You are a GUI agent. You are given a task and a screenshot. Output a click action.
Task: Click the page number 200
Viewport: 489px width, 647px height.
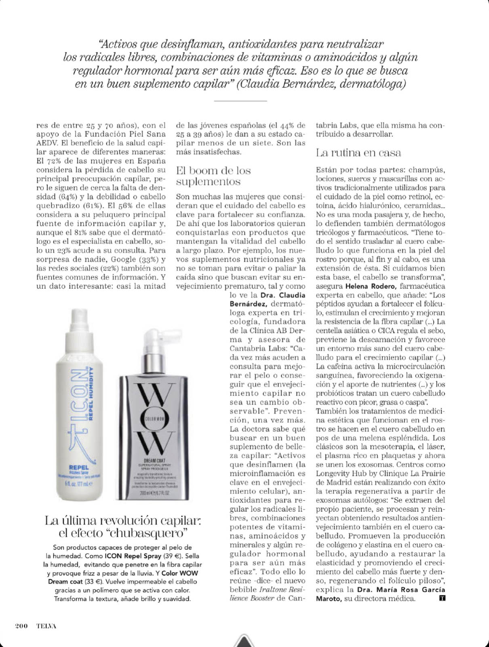21,626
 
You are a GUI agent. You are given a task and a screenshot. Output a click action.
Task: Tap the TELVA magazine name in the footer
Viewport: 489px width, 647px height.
46,626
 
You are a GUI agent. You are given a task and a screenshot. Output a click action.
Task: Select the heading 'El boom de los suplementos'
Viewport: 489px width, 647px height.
213,176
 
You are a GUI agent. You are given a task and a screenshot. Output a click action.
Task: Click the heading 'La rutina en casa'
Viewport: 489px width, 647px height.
358,153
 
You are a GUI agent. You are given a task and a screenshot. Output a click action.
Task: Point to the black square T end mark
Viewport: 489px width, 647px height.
442,598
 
